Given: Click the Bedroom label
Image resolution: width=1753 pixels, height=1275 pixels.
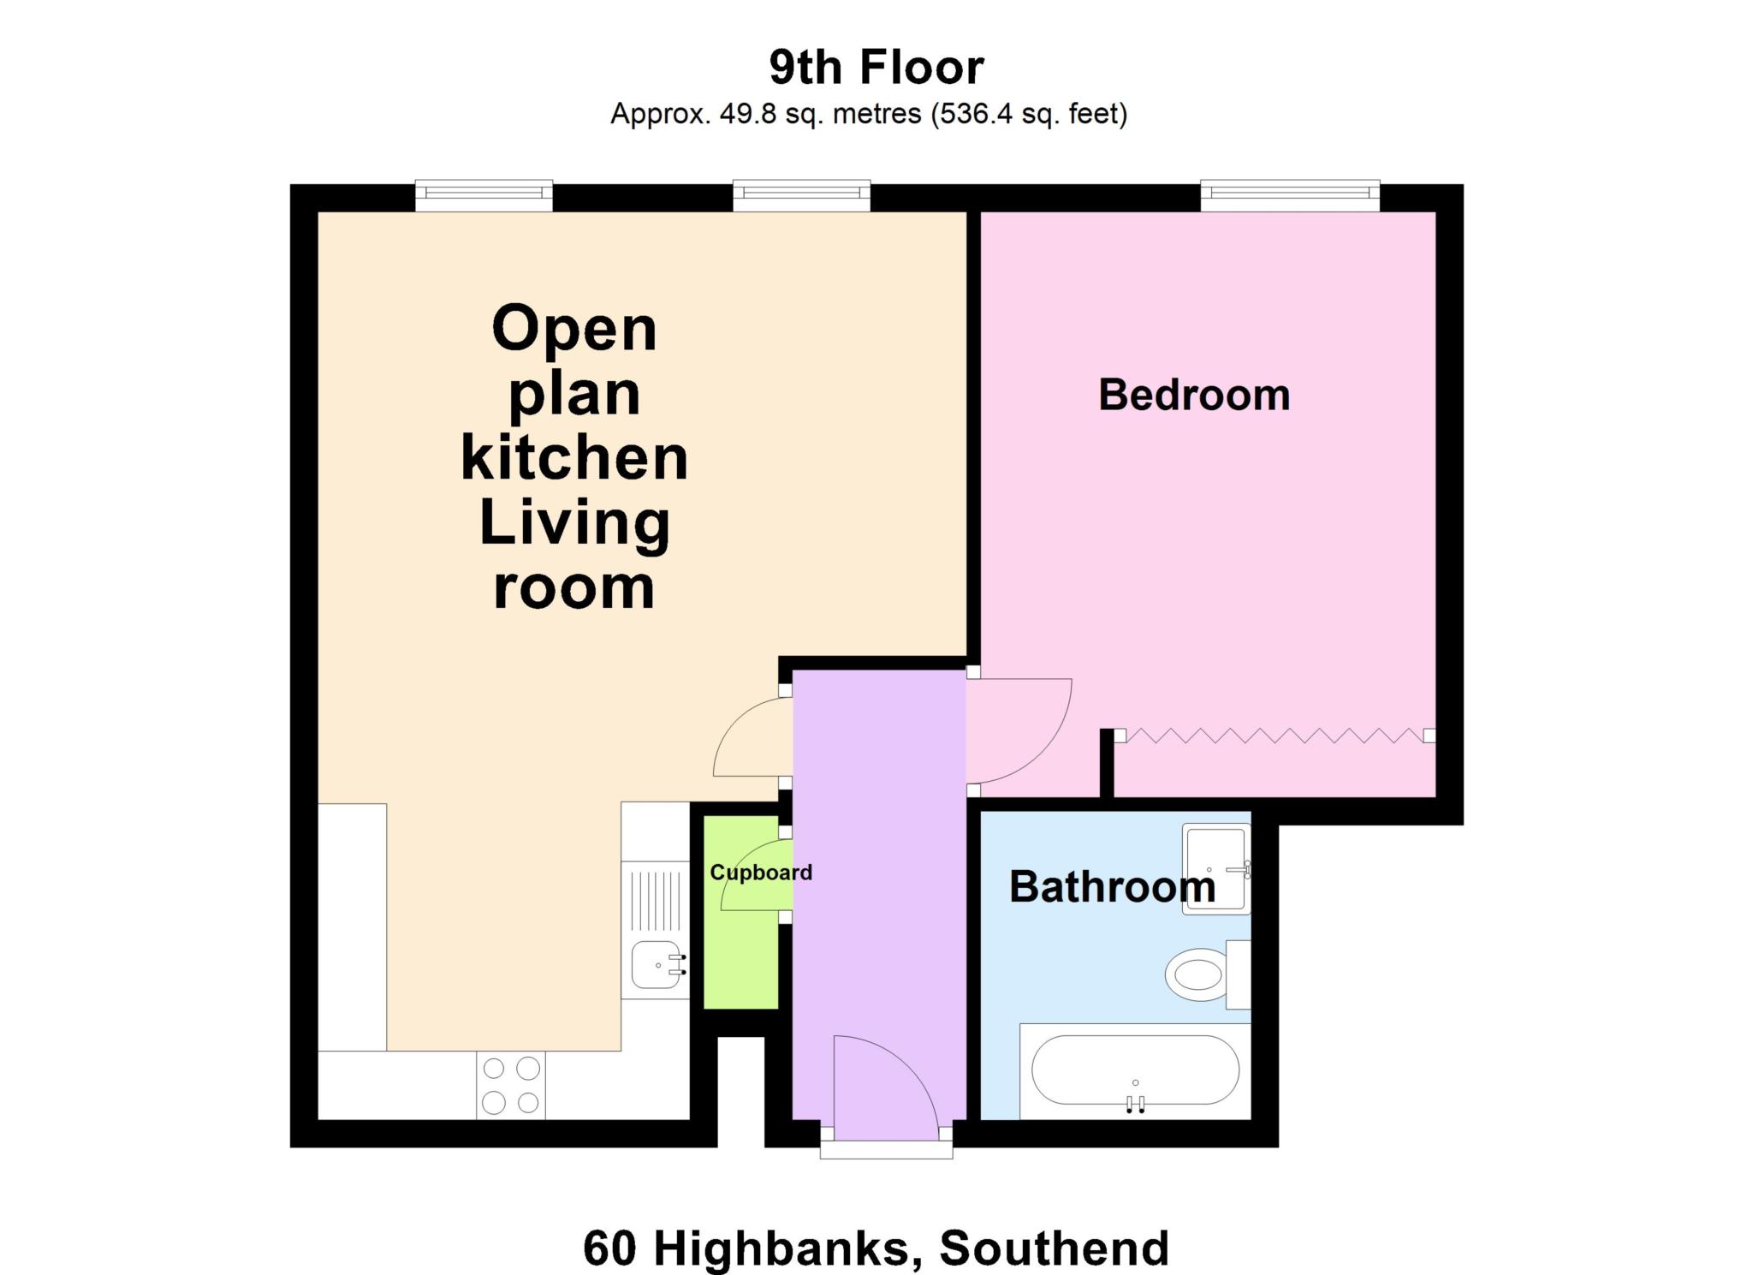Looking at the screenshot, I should (x=1194, y=396).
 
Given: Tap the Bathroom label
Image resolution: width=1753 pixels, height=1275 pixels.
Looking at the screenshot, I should (x=1112, y=887).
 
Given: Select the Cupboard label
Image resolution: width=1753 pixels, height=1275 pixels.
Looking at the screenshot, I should (x=760, y=873).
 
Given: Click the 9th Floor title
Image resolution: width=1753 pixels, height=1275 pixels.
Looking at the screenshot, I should (x=876, y=68).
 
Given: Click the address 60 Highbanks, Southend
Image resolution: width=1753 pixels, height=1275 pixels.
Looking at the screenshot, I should (x=876, y=1248).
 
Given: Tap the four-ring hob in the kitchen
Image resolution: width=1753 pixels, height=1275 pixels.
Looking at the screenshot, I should (x=511, y=1085).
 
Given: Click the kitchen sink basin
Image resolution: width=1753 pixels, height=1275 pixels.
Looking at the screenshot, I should (x=656, y=965).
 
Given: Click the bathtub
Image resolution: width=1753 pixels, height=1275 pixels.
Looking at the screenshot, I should (x=1135, y=1071).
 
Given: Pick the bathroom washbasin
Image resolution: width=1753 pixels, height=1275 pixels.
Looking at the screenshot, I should (x=1215, y=868).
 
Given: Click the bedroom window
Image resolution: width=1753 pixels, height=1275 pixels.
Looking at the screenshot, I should (x=1290, y=196).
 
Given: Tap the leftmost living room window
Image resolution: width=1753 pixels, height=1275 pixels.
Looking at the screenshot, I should (x=484, y=196).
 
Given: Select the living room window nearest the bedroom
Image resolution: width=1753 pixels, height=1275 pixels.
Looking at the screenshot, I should (x=801, y=196).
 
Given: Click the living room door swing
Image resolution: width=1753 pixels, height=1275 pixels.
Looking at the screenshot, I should (x=752, y=738).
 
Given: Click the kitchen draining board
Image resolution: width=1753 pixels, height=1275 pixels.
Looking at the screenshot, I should (x=656, y=900).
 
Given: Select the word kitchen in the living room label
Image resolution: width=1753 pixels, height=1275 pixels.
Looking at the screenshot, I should (x=574, y=459).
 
